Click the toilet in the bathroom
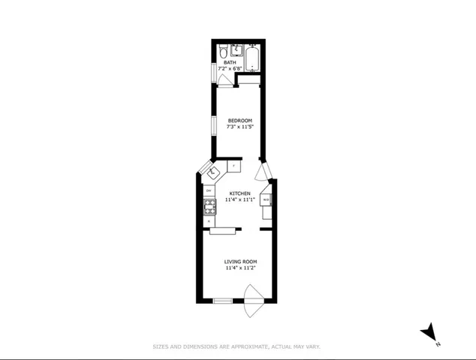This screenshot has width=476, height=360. [224, 51]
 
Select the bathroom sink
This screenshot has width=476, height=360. [237, 50]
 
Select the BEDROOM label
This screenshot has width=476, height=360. [240, 121]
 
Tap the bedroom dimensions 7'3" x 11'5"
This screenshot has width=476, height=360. [240, 127]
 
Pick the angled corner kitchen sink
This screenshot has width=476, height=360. [212, 172]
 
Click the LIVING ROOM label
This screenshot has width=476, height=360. [240, 261]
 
